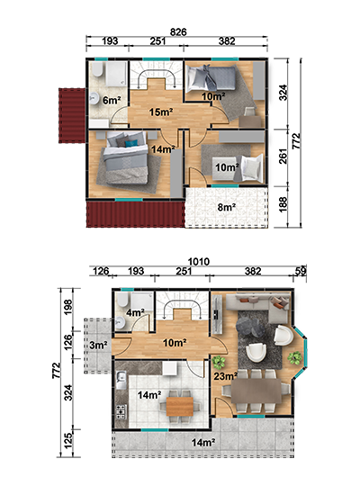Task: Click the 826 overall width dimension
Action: click(x=178, y=31)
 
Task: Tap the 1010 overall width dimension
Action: click(x=199, y=262)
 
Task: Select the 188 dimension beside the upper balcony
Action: click(x=283, y=204)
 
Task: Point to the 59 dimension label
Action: click(x=301, y=271)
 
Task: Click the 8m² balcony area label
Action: click(x=227, y=207)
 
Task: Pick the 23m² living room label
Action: click(x=226, y=376)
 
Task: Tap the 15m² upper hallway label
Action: click(x=161, y=112)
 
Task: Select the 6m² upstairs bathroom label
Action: click(x=112, y=101)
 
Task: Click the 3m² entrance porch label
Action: click(x=98, y=345)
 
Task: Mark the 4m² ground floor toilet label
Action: click(x=135, y=312)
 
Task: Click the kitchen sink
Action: click(x=121, y=380)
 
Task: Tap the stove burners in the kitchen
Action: click(x=121, y=411)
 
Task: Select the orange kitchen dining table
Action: click(x=180, y=406)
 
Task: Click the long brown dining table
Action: click(x=256, y=391)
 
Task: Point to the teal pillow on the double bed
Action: click(x=130, y=144)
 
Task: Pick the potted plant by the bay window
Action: click(x=295, y=357)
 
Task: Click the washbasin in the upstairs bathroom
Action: click(x=93, y=98)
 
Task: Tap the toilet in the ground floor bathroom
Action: click(x=121, y=300)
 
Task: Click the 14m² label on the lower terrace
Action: click(x=203, y=443)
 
